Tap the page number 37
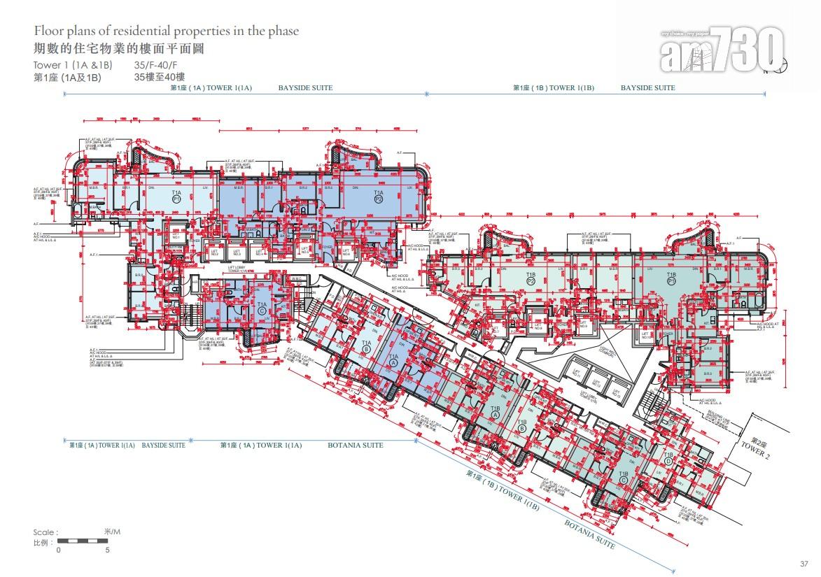click(x=804, y=564)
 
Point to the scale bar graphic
click(x=83, y=541)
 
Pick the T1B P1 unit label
click(x=671, y=279)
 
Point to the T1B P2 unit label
click(x=531, y=279)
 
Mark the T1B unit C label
click(x=623, y=478)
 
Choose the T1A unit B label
click(x=366, y=346)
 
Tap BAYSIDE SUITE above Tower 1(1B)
click(x=647, y=88)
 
